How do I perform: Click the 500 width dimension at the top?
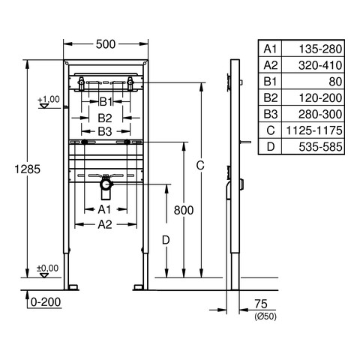point(106,44)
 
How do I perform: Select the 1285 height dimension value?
point(28,169)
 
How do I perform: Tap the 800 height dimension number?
point(184,210)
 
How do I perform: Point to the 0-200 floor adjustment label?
point(46,302)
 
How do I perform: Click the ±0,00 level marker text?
point(48,268)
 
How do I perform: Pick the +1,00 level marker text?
point(49,99)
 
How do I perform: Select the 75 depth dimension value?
point(261,304)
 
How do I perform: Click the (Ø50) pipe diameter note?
point(265,316)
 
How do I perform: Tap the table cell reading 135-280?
point(320,49)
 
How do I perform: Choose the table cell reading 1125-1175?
point(314,130)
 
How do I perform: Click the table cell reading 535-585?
point(320,147)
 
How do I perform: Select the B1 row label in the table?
point(270,82)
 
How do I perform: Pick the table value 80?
point(335,82)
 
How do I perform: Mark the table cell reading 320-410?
point(320,65)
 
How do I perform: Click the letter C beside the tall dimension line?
point(200,165)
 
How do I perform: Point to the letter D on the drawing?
point(166,240)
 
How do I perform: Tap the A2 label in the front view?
point(105,224)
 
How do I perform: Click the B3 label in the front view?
point(105,131)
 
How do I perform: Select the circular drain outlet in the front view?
point(106,185)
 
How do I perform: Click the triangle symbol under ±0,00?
point(44,275)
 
